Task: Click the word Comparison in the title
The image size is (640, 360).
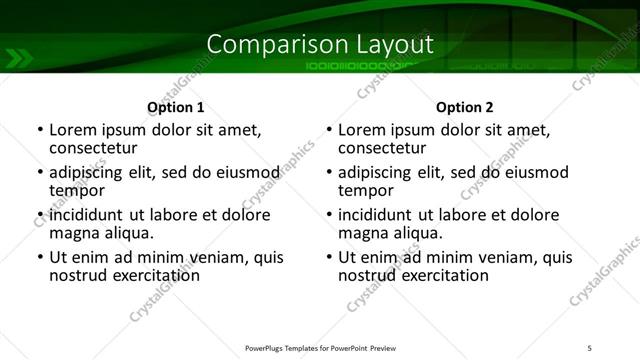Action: tap(265, 44)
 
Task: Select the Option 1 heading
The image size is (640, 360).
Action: tap(175, 106)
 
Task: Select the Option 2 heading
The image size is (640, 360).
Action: tap(465, 106)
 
